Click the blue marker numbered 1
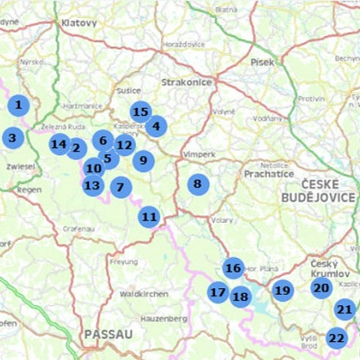(18, 105)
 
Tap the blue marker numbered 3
(12, 138)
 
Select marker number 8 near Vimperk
(198, 184)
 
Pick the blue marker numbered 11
(149, 216)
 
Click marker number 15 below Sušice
(140, 113)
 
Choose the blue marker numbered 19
(282, 290)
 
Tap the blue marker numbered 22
(337, 337)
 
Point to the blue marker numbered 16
(233, 268)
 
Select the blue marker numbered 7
(120, 187)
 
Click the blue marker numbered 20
(322, 287)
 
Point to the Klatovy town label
(78, 24)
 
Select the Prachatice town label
(266, 174)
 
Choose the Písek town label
(263, 61)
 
